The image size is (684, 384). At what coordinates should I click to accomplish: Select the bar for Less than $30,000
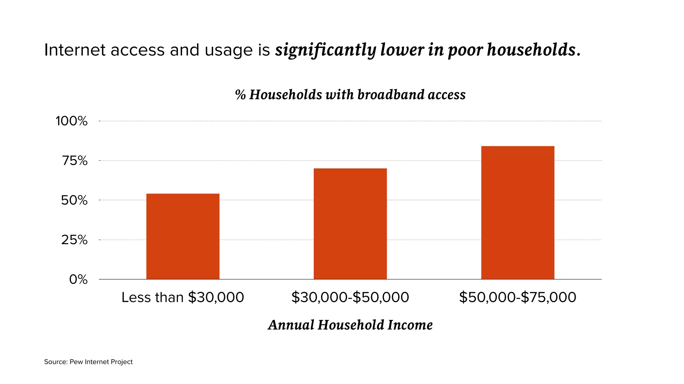183,236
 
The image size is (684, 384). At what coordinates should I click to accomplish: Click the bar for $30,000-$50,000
350,224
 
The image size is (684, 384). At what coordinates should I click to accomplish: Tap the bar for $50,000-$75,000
517,213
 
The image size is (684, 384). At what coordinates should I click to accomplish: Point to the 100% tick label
71,121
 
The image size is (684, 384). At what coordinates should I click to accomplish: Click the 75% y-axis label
74,161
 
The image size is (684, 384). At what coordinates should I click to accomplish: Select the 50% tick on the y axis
74,200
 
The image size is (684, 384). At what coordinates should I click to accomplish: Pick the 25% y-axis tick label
74,240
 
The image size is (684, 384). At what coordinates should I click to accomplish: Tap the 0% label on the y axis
78,279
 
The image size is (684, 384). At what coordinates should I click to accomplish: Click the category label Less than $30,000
183,297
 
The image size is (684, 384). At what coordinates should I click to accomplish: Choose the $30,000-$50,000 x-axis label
350,297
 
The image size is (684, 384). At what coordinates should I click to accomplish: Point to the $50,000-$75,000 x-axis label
517,297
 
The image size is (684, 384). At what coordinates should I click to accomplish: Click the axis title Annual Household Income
350,325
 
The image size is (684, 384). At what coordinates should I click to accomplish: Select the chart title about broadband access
350,95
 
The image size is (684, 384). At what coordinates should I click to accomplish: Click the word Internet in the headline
75,50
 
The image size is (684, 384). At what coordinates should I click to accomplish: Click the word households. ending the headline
533,50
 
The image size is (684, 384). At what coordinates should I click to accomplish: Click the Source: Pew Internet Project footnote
88,362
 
